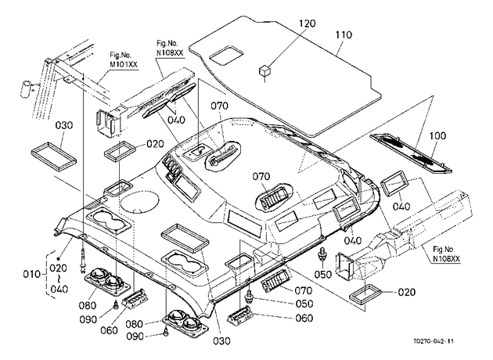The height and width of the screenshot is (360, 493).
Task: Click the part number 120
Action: [x=307, y=23]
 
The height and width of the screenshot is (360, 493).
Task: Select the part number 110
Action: [x=343, y=34]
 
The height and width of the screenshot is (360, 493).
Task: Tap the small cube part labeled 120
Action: [x=264, y=70]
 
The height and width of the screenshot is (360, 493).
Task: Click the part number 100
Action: [x=437, y=136]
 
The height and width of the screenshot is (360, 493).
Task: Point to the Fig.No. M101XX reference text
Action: [x=124, y=59]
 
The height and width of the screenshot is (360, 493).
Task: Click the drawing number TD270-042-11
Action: [x=434, y=341]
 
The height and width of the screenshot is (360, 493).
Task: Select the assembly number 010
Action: [x=32, y=274]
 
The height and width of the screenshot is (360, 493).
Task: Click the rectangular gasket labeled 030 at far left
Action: [x=54, y=156]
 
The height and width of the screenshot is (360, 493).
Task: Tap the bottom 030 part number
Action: [x=221, y=340]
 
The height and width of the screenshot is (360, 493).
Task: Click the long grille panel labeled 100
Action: [x=411, y=153]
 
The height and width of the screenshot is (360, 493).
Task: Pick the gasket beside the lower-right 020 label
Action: [x=365, y=293]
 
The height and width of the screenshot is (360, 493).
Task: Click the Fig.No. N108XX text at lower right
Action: [x=446, y=254]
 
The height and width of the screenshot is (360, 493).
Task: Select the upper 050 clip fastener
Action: [x=322, y=254]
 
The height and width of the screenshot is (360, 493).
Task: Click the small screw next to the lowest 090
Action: [x=166, y=330]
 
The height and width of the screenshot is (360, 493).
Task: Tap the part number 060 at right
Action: [x=304, y=319]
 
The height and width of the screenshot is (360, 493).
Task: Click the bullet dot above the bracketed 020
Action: [x=58, y=259]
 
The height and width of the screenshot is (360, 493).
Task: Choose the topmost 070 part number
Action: [x=219, y=106]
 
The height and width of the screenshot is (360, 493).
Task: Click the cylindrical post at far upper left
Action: [x=26, y=89]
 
